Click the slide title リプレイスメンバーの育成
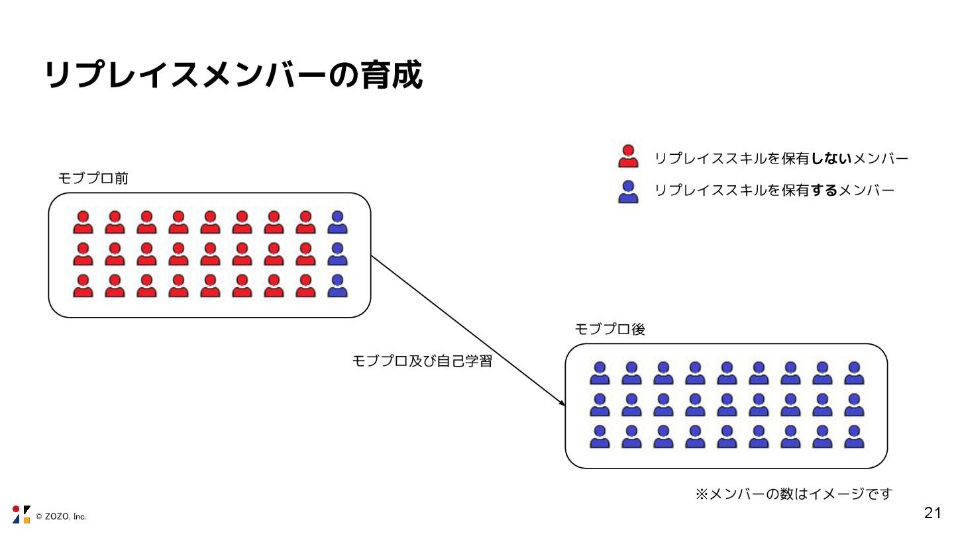pos(233,75)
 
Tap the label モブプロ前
pos(93,178)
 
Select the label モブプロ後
pos(609,329)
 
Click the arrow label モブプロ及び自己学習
pos(422,361)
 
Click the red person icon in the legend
pos(627,157)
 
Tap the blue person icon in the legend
pos(627,191)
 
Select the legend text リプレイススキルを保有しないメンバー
pos(781,158)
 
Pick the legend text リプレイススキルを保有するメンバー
pos(774,191)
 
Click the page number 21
pos(932,512)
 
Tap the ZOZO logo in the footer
pos(21,514)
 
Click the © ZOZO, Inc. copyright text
pos(61,516)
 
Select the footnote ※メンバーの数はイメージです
pos(794,494)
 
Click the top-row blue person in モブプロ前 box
pos(338,222)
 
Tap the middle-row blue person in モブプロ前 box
pos(338,254)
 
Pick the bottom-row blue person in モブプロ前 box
pos(338,286)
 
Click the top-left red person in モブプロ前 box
pos(83,222)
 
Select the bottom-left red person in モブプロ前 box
pos(83,286)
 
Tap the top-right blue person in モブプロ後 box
pos(854,373)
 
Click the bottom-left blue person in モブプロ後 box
pos(600,437)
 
